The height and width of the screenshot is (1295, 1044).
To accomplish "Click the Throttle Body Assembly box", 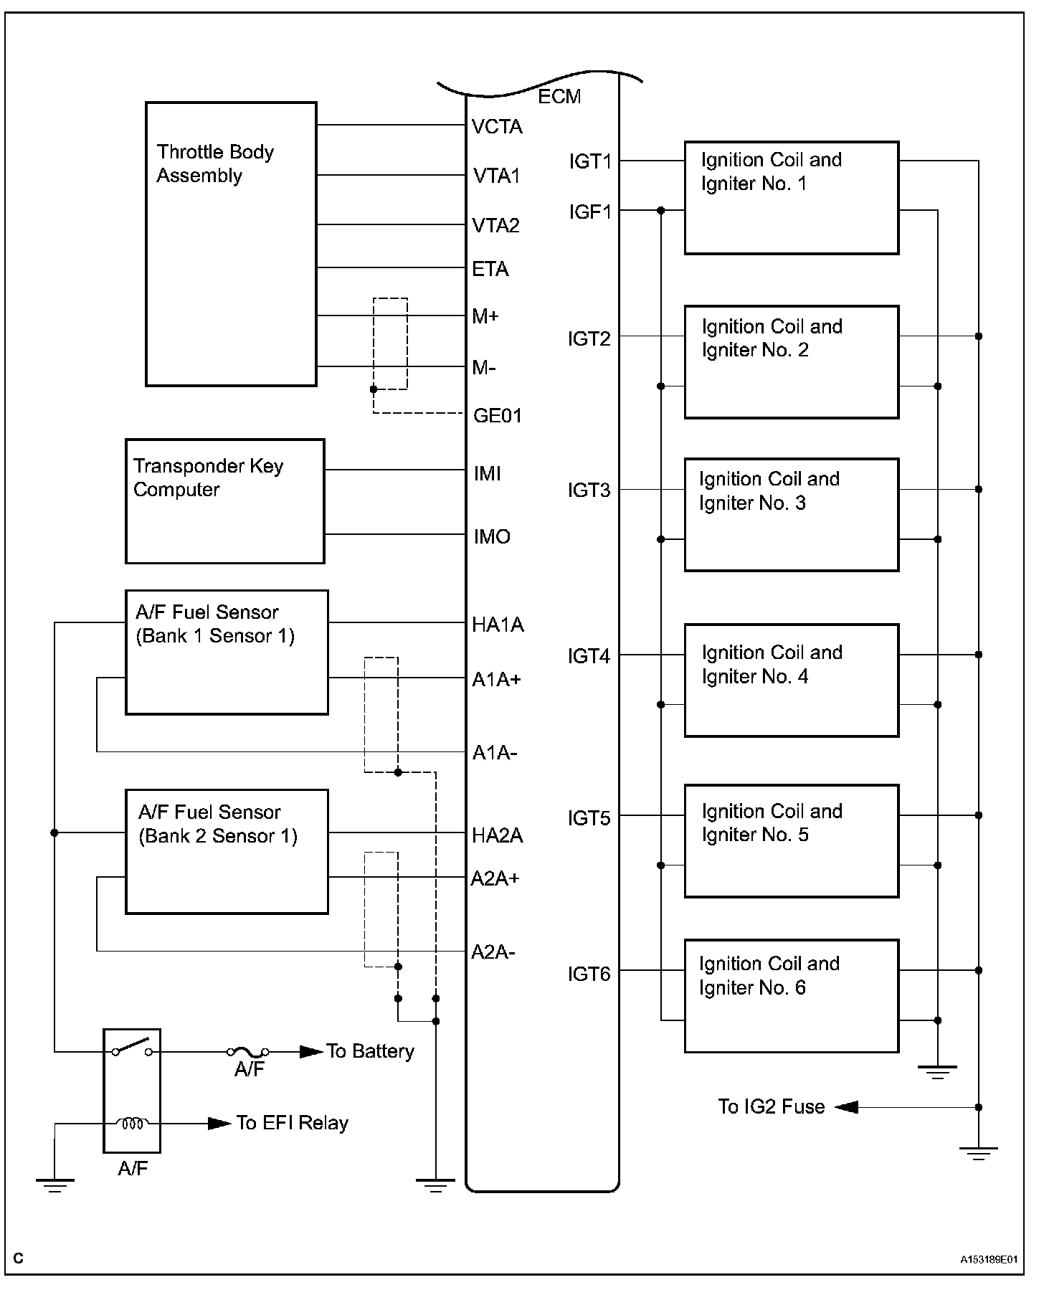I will pos(231,244).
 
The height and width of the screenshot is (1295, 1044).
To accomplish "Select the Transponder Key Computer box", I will pos(224,501).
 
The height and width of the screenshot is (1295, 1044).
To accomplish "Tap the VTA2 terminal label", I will pos(496,226).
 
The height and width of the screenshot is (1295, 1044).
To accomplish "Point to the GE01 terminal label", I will pos(498,416).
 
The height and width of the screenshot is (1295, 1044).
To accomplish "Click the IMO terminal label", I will pos(492,536).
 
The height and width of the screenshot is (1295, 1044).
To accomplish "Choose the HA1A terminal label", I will pos(498,625).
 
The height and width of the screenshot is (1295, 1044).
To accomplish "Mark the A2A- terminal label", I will pos(493,952).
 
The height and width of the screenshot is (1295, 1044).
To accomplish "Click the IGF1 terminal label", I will pos(590,212).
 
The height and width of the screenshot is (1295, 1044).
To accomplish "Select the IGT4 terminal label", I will pos(589,656).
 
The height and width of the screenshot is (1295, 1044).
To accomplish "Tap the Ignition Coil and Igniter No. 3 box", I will pos(791,515).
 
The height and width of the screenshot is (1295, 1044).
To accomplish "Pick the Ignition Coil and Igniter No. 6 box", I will pos(791,996).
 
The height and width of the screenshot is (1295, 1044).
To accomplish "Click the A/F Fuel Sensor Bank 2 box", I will pos(227,852).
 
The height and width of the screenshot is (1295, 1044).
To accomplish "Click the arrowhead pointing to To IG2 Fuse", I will pos(846,1107).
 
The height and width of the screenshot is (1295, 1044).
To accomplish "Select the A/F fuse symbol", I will pos(248,1052).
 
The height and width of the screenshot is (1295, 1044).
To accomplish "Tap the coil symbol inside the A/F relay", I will pos(132,1123).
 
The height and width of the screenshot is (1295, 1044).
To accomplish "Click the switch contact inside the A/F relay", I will pos(131,1048).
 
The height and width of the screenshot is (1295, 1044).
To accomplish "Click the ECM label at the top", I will pos(559,97).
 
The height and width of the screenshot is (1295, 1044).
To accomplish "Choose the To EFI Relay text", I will pos(293,1123).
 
